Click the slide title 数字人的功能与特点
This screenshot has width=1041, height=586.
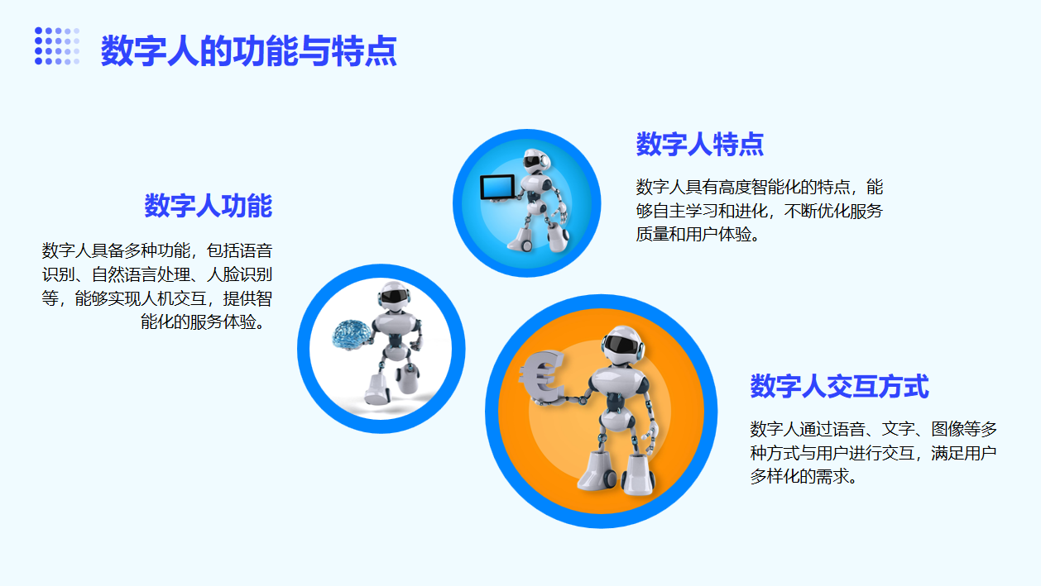coord(248,50)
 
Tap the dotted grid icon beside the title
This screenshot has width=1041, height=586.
coord(57,46)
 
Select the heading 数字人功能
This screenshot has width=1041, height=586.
coord(209,206)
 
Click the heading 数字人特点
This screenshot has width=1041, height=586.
coord(700,144)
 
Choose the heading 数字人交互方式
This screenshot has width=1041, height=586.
coord(839,386)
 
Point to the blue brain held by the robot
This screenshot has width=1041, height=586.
coord(352,333)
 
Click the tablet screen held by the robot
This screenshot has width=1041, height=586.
coord(497,187)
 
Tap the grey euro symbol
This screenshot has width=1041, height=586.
coord(541,376)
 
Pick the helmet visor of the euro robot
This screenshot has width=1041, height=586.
coord(621,345)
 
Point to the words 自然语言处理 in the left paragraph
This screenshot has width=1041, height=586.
coord(141,274)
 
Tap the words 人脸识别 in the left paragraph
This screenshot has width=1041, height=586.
coord(239,274)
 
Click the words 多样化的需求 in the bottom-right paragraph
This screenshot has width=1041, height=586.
coord(799,476)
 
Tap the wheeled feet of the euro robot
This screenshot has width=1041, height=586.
coord(616,474)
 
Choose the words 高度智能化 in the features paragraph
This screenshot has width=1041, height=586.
coord(759,187)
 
